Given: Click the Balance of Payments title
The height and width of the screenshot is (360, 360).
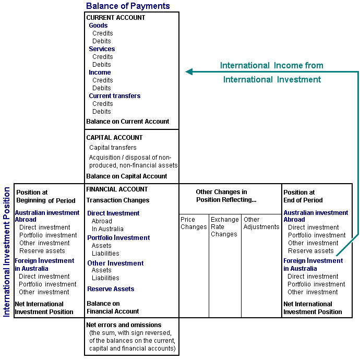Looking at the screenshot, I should pyautogui.click(x=128, y=6).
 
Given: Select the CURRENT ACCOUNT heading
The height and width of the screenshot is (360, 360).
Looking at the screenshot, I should pyautogui.click(x=116, y=18).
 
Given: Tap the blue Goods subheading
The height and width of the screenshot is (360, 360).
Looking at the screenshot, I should pyautogui.click(x=98, y=26).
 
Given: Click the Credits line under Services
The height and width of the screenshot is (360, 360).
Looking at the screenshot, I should pyautogui.click(x=102, y=57).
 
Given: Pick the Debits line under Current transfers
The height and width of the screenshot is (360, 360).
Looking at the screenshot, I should pyautogui.click(x=102, y=112).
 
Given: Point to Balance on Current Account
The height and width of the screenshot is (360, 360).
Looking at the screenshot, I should pyautogui.click(x=128, y=122).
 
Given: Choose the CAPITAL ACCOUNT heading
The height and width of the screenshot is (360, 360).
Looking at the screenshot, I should pyautogui.click(x=114, y=138).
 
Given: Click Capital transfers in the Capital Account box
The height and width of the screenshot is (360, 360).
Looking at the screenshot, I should pyautogui.click(x=113, y=148).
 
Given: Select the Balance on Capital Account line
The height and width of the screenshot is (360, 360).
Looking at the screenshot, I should pyautogui.click(x=127, y=176).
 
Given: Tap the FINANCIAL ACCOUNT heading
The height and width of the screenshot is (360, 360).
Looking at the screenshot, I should pyautogui.click(x=117, y=189).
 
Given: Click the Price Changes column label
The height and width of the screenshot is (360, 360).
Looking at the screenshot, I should pyautogui.click(x=194, y=223).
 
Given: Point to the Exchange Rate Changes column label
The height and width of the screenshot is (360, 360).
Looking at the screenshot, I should pyautogui.click(x=224, y=227).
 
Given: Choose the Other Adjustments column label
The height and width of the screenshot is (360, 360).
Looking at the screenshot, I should pyautogui.click(x=261, y=223).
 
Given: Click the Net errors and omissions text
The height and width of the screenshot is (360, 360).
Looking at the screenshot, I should pyautogui.click(x=124, y=325).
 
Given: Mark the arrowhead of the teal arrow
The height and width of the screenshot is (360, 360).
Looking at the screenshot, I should pyautogui.click(x=189, y=72).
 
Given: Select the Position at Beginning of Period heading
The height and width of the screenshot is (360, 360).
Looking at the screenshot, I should pyautogui.click(x=46, y=196).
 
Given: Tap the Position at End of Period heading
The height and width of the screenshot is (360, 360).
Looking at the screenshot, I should pyautogui.click(x=303, y=196).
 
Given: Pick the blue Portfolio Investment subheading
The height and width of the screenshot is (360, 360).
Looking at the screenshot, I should pyautogui.click(x=118, y=238).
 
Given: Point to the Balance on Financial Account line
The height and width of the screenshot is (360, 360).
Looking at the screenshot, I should pyautogui.click(x=113, y=307).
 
